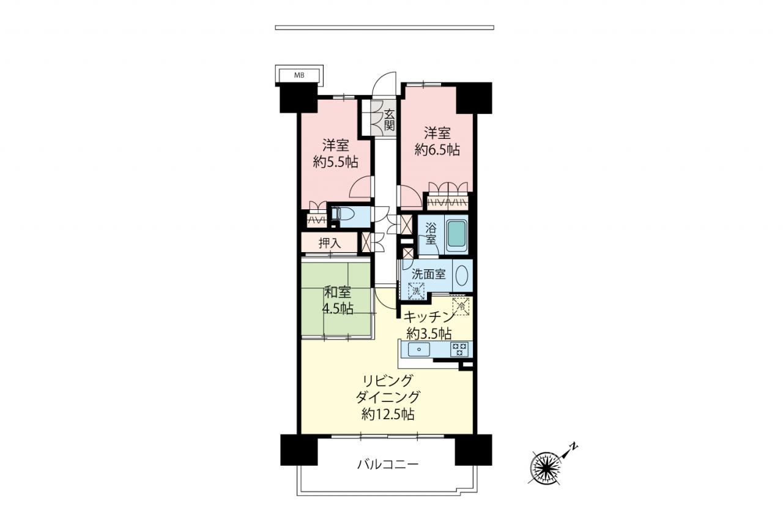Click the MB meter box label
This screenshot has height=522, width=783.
[x=299, y=75]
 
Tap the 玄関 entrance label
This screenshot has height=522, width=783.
[x=389, y=119]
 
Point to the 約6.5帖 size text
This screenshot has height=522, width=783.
[x=437, y=150]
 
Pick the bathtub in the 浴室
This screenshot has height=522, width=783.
[x=457, y=234]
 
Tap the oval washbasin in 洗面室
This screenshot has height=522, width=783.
[x=462, y=276]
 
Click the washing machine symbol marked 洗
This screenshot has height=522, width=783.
[x=416, y=291]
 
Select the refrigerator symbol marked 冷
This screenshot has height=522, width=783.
[x=461, y=307]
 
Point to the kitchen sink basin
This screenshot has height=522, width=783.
[x=418, y=349]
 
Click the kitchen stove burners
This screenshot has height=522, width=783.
[x=459, y=349]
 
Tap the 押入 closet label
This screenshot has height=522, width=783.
[x=329, y=243]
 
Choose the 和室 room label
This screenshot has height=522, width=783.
[x=337, y=293]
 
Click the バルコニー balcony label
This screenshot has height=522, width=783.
[x=388, y=464]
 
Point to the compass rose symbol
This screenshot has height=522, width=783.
[x=545, y=467]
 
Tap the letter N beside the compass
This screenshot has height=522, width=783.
[x=574, y=446]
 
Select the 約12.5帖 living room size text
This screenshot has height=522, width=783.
[x=388, y=414]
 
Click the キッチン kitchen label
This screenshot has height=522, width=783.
[x=429, y=318]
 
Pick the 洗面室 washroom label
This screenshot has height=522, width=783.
[x=429, y=274]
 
